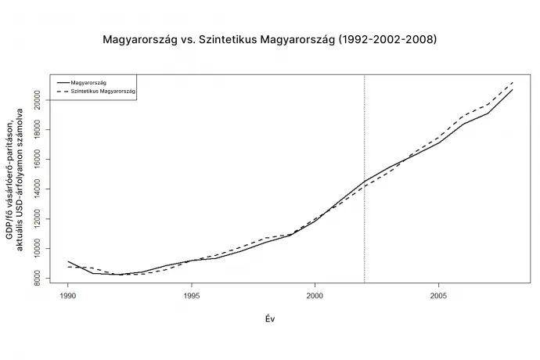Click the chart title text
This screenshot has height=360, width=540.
tap(269, 38)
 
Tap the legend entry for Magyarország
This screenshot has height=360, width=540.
tap(88, 81)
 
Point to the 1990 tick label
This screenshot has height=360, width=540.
tap(68, 297)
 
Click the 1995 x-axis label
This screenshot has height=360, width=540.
tap(192, 297)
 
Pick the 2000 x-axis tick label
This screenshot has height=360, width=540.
tap(315, 297)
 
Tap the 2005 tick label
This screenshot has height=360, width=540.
tap(438, 297)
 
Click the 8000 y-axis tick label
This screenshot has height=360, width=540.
tap(37, 278)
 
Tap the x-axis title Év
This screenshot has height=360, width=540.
tap(269, 319)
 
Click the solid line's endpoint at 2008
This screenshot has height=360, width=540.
tap(513, 89)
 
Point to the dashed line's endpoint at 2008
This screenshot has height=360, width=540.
tap(513, 81)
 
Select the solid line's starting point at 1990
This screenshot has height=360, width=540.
tap(68, 261)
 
